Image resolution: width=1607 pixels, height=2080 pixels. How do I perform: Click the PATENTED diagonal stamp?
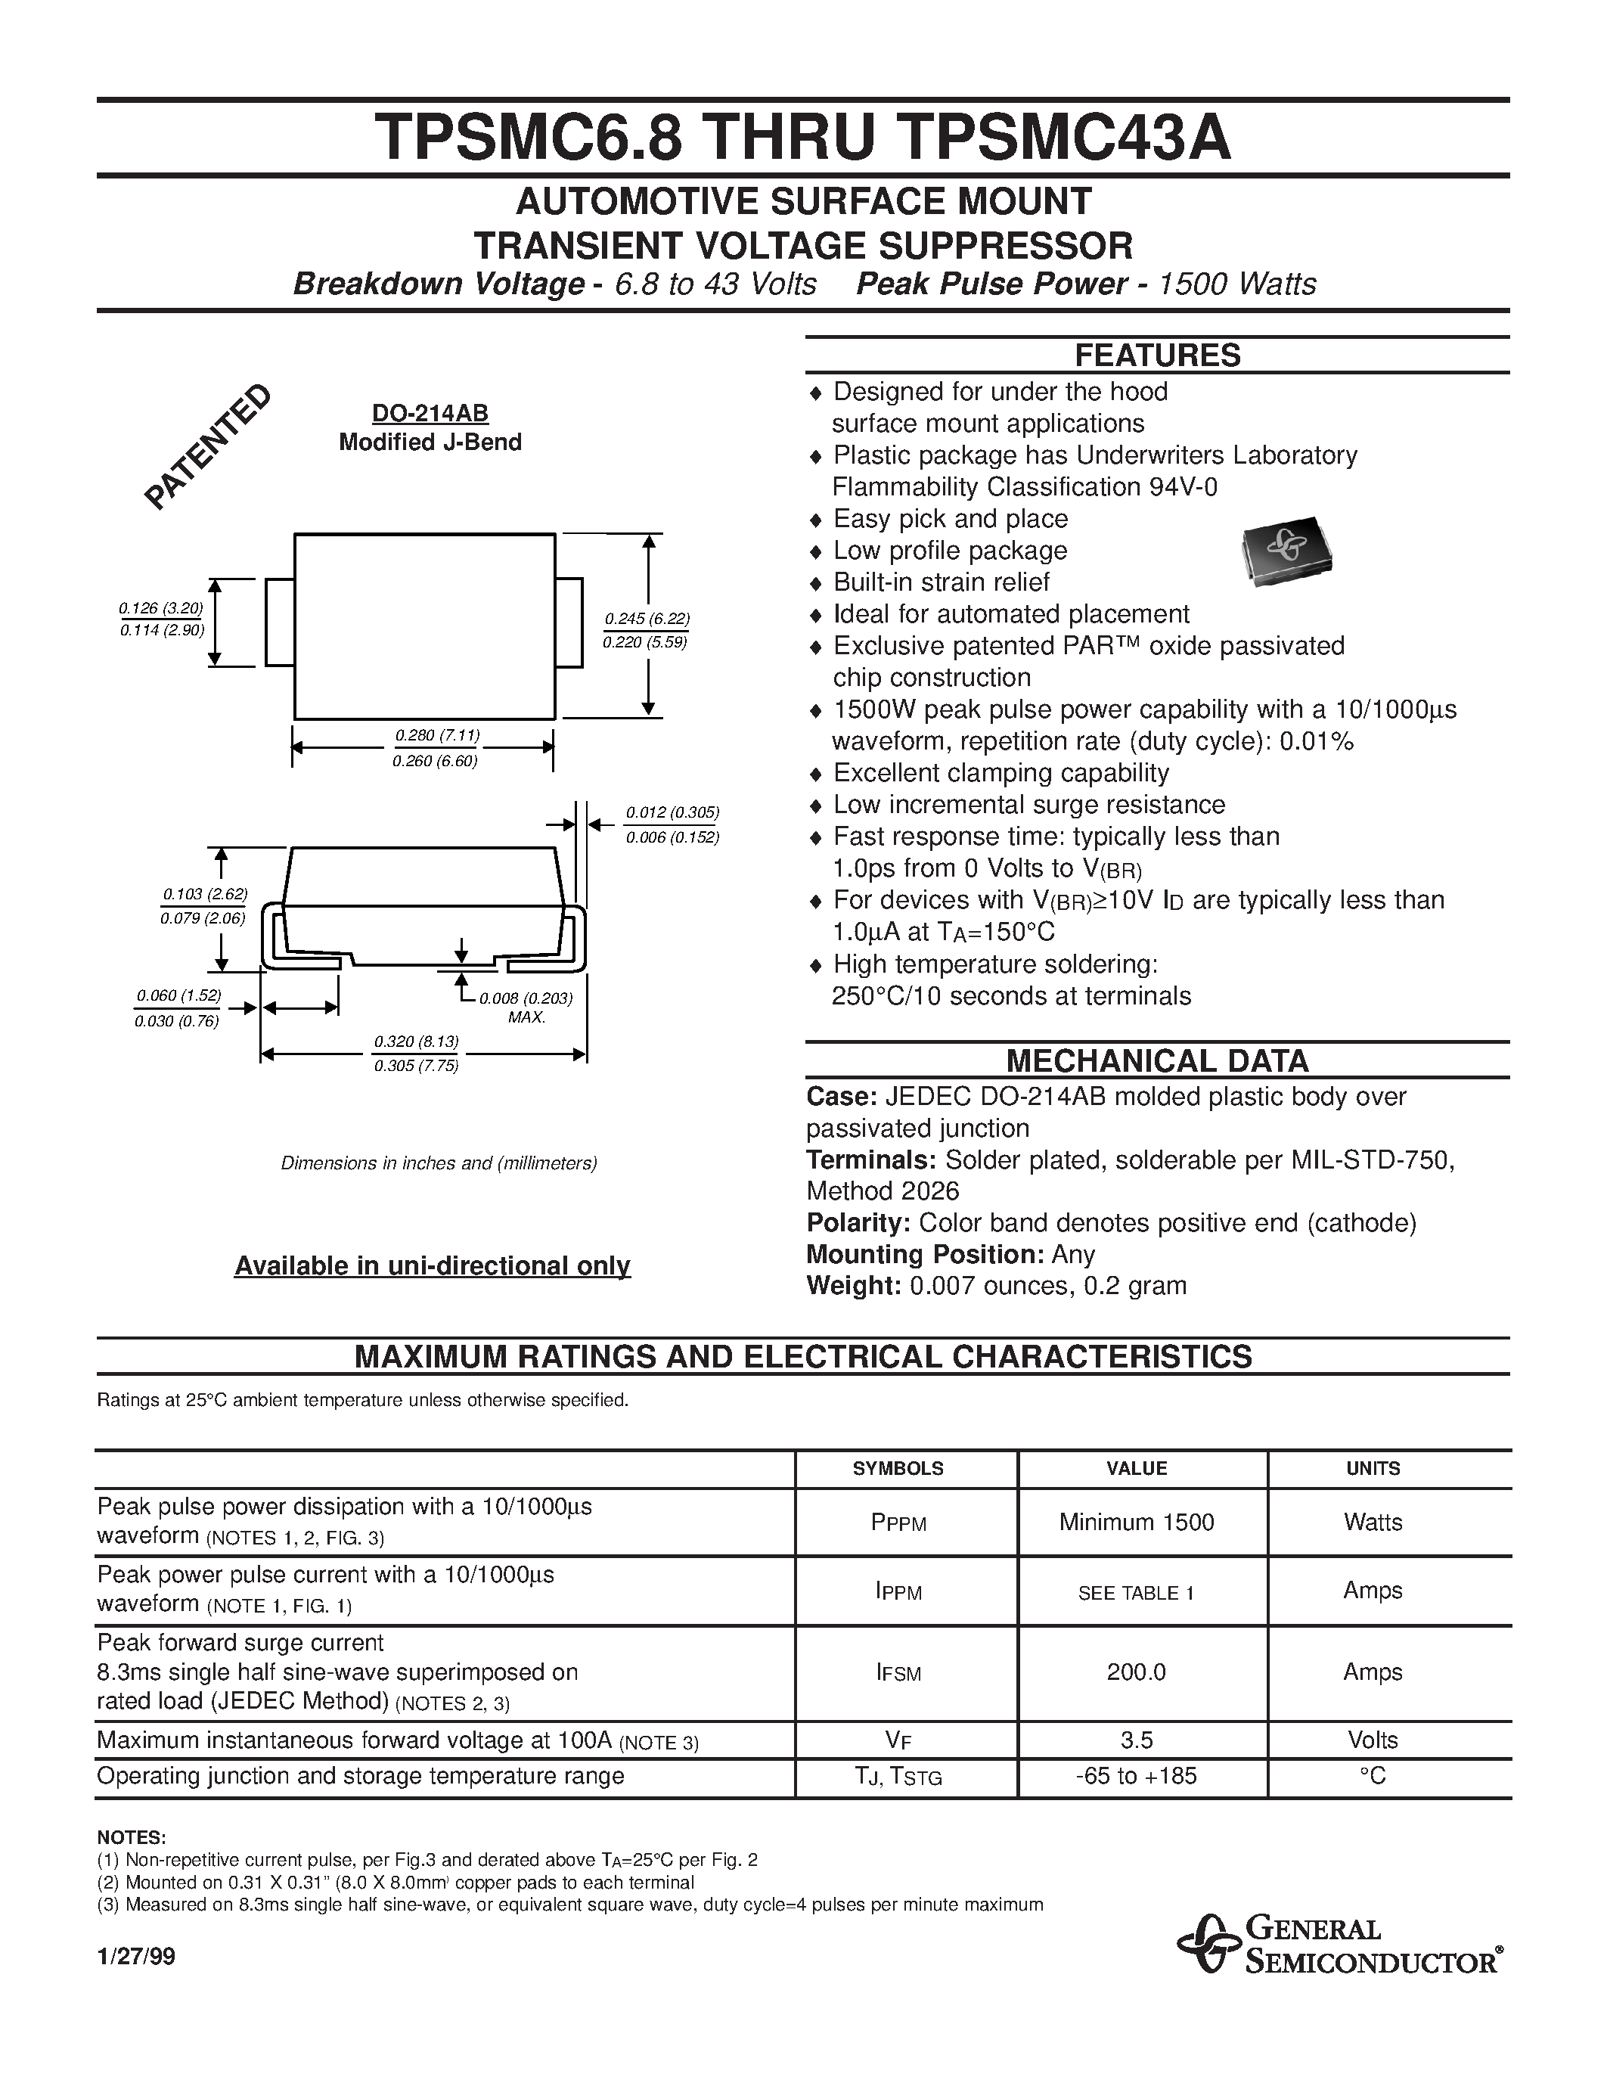coord(207,447)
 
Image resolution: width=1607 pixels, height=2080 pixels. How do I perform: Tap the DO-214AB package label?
coord(430,413)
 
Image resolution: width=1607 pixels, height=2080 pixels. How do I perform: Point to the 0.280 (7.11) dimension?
coord(437,735)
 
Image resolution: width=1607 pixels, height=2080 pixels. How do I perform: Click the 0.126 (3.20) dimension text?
coord(161,607)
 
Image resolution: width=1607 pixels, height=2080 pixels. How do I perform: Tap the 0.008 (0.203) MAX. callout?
coord(525,1007)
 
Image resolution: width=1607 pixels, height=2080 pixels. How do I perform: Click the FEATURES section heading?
coord(1157,355)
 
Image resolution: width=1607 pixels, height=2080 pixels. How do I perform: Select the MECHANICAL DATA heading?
coord(1157,1060)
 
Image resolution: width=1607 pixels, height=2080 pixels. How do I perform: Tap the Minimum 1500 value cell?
coord(1137,1522)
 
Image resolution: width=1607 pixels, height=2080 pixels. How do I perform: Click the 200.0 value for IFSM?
coord(1136,1672)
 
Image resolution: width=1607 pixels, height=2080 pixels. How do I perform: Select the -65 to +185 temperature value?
coord(1137,1776)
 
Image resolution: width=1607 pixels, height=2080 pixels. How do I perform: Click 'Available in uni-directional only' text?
coord(433,1265)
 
